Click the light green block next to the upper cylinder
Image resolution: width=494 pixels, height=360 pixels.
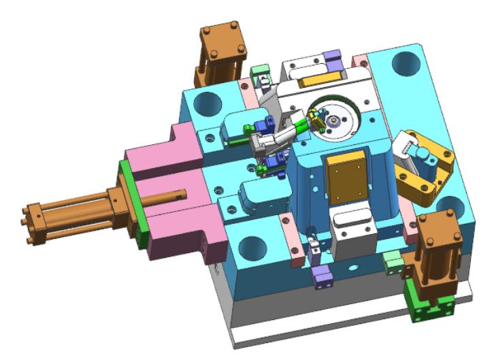coord(258,73)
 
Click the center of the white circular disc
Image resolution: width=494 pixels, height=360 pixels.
coord(335,120)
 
